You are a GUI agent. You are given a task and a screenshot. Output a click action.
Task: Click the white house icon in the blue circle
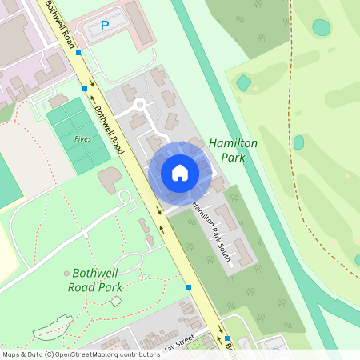coord(179,173)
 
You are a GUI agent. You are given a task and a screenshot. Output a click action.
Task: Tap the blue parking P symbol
coord(104,26)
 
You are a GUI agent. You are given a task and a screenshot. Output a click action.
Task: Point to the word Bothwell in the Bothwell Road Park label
coord(95,272)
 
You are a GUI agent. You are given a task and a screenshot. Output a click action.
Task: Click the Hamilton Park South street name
coord(211,232)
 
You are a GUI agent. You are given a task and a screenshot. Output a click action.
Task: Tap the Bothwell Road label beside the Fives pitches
coord(109,133)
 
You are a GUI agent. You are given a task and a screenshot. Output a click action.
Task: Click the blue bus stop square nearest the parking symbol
coord(78,52)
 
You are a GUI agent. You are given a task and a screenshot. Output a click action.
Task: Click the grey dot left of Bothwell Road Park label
coord(66,274)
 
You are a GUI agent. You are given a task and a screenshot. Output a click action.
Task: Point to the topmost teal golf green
coord(321,27)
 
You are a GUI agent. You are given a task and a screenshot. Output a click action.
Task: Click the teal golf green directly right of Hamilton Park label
coord(298,142)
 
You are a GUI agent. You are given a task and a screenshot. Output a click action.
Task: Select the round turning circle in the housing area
coord(140,104)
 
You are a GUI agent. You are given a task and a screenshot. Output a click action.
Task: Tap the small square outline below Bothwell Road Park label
coord(116,301)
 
